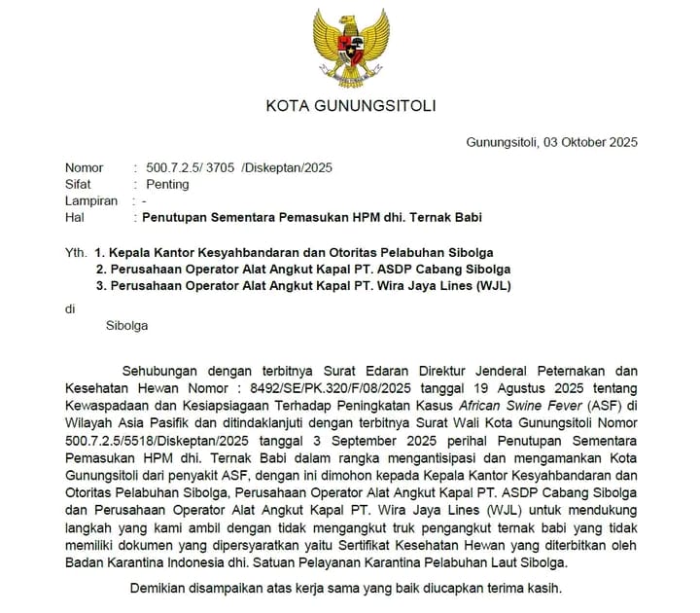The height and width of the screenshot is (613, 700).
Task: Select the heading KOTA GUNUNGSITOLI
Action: coord(351,106)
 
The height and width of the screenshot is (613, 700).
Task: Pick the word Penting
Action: coord(167,184)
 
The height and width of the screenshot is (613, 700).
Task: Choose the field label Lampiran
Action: coord(91,200)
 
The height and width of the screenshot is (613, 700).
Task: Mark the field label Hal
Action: coord(73,217)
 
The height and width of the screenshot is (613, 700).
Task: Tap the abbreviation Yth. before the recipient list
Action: coord(76,252)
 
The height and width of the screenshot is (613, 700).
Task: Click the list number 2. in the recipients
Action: coord(101,269)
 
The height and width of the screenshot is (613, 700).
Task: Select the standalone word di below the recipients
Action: coord(70,308)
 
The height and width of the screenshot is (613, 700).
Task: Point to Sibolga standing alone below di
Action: coord(126,326)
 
